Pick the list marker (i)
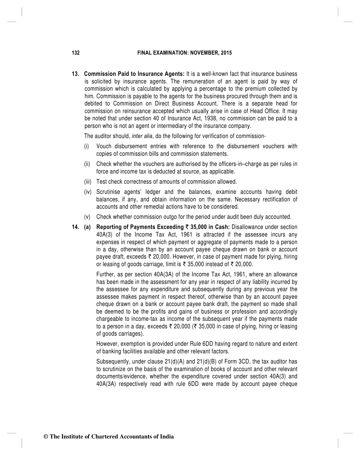click(x=86, y=146)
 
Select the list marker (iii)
click(x=88, y=182)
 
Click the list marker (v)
click(x=87, y=217)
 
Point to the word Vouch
click(x=104, y=146)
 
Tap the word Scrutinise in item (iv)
click(x=108, y=192)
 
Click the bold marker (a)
click(x=87, y=227)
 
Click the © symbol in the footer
click(x=45, y=437)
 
